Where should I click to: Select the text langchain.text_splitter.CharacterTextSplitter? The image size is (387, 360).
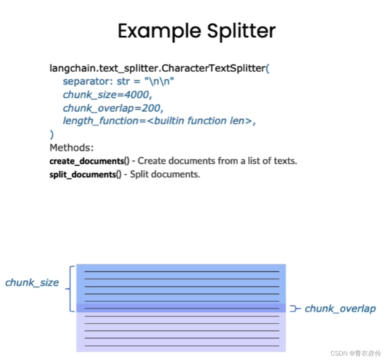[x=157, y=68]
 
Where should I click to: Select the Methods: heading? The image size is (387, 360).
[x=72, y=147]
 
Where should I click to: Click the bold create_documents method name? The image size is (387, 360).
[x=87, y=161]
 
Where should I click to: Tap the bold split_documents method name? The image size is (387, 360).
[x=82, y=174]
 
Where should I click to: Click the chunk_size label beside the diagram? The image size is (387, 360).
[x=32, y=283]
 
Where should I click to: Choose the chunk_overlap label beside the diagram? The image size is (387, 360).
[x=340, y=309]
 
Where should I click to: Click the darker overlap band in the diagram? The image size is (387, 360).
[x=181, y=308]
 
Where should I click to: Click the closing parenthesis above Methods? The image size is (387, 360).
[x=52, y=134]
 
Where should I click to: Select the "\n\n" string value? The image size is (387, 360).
[x=159, y=81]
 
